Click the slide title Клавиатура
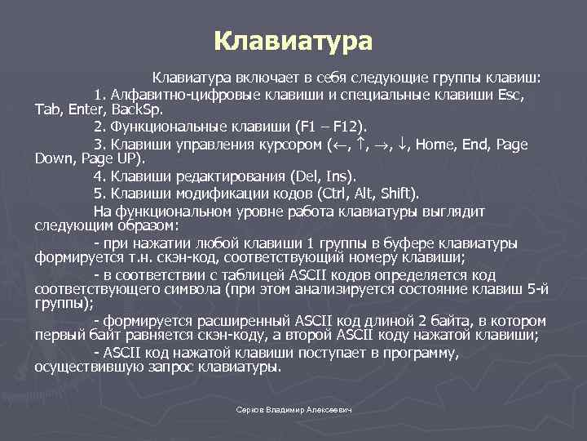pyautogui.click(x=293, y=40)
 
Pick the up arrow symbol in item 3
pyautogui.click(x=363, y=145)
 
